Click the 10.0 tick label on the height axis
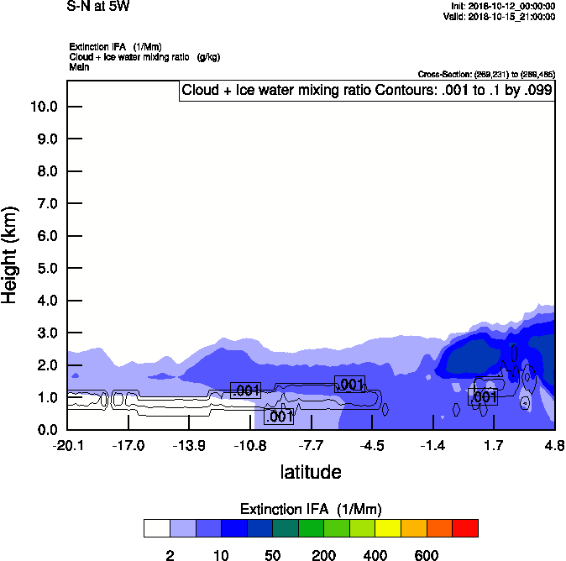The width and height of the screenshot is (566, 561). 44,107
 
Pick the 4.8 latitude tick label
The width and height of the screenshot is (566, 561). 554,444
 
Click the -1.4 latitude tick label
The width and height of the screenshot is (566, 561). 432,444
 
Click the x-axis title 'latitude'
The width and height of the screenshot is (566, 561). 311,472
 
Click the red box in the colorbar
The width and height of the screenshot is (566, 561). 465,528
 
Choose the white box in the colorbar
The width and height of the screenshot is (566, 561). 156,528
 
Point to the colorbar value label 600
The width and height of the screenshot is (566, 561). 427,556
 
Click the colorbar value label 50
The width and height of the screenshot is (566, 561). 272,556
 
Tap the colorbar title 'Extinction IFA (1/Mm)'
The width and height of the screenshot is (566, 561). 311,509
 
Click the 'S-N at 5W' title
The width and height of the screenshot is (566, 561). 98,7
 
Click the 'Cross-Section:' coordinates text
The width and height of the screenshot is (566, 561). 486,74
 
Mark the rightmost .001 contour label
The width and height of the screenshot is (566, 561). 484,396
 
